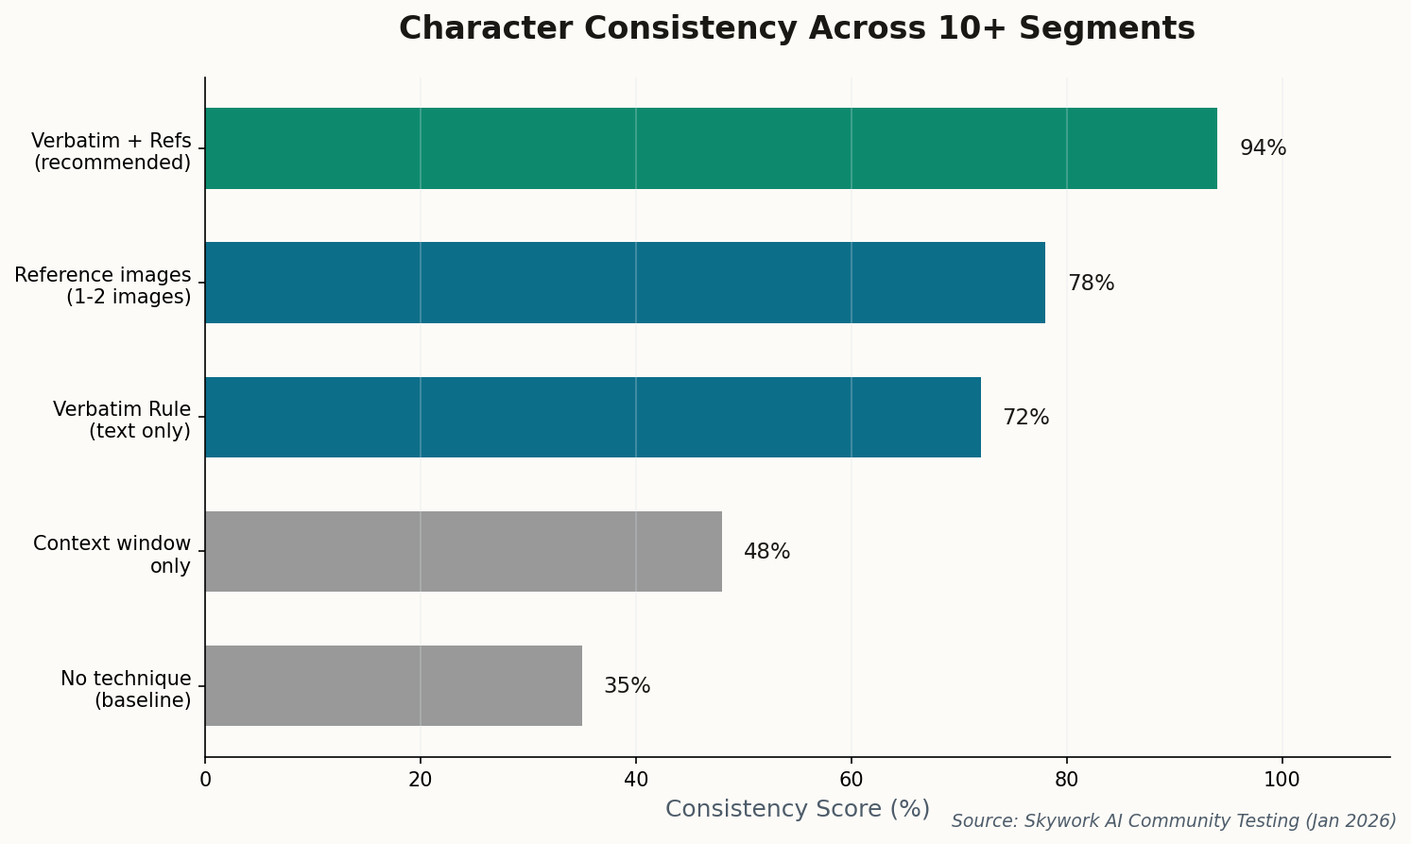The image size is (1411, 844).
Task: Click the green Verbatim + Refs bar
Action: [711, 148]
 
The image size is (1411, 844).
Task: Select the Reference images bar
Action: [625, 283]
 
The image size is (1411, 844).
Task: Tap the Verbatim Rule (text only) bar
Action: [593, 417]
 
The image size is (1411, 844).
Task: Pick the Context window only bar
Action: [463, 551]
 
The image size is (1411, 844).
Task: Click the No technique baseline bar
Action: [393, 685]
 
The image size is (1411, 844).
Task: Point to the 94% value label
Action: [1263, 148]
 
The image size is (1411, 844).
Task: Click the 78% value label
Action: [1091, 284]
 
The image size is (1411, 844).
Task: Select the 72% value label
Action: [1025, 418]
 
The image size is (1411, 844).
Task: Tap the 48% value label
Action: [766, 552]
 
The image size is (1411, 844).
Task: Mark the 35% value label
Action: [627, 686]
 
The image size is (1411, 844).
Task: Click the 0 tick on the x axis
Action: [205, 780]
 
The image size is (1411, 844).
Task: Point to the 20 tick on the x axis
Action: [421, 780]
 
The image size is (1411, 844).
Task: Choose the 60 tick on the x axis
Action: [852, 780]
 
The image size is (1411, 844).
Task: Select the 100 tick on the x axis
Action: [1282, 780]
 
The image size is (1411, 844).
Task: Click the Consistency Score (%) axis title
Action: [797, 809]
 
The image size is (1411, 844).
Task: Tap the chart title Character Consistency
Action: [797, 28]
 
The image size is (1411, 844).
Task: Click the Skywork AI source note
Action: [1174, 821]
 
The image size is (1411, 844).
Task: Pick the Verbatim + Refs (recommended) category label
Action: [112, 151]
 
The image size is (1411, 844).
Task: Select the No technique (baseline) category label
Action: [126, 689]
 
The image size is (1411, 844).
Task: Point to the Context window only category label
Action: [112, 555]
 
